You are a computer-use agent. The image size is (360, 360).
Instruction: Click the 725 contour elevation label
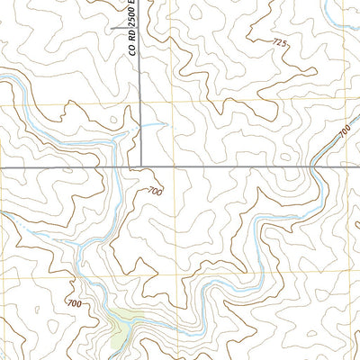280,42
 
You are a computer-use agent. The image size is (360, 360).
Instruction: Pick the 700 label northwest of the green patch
73,305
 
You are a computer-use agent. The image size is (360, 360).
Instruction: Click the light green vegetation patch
118,323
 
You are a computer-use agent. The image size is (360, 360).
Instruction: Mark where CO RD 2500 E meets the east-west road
139,167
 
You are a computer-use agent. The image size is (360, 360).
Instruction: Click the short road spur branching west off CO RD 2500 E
124,28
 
